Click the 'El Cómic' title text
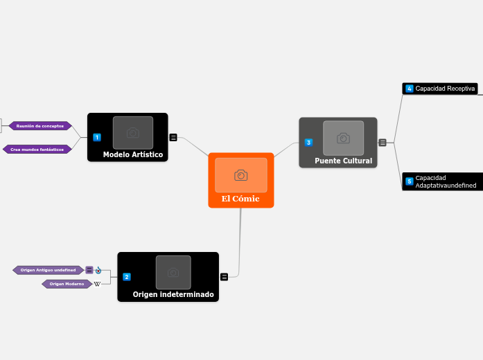[x=240, y=199]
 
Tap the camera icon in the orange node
[x=241, y=175]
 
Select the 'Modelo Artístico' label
[x=133, y=154]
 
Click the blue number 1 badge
[x=97, y=137]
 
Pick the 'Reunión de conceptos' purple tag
[x=40, y=126]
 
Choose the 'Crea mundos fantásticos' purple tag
[x=37, y=149]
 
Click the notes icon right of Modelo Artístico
[x=173, y=137]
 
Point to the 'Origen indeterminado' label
[x=173, y=294]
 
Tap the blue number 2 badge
[x=127, y=277]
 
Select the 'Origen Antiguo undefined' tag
[x=48, y=270]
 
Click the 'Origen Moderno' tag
[x=67, y=284]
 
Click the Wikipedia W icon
[x=98, y=284]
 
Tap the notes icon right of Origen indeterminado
[x=225, y=277]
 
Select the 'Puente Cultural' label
[x=343, y=161]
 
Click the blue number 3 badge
[x=308, y=143]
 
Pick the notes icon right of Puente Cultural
[x=383, y=143]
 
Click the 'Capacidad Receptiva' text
[x=445, y=89]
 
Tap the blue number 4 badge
[x=410, y=89]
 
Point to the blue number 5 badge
[x=410, y=181]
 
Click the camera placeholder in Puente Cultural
[x=343, y=138]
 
